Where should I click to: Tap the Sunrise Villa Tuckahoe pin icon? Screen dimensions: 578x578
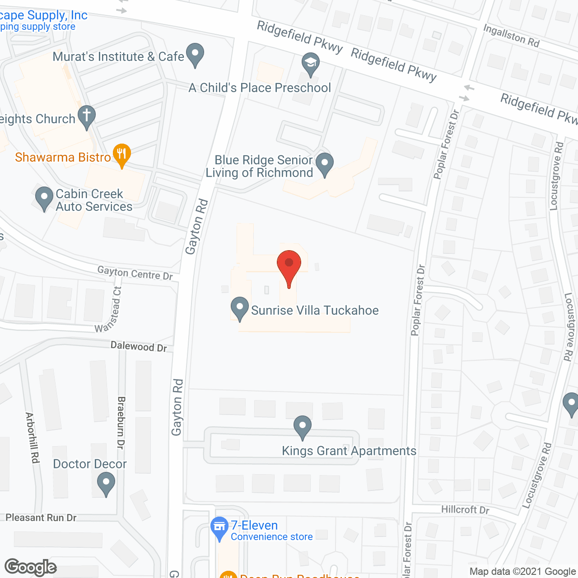(x=240, y=308)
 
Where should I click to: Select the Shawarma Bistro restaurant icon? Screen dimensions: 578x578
(x=121, y=155)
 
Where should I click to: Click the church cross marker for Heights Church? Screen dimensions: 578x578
(x=86, y=117)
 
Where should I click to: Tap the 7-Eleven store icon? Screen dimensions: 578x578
(x=219, y=528)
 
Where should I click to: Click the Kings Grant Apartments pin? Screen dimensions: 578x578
(x=302, y=427)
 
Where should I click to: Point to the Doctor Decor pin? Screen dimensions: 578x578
(x=106, y=484)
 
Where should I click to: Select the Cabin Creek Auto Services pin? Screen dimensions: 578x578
(x=44, y=198)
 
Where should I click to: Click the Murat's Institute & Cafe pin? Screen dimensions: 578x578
(x=195, y=54)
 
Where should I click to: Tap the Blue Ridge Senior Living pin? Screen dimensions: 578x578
(x=324, y=164)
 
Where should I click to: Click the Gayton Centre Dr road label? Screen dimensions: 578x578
(x=135, y=273)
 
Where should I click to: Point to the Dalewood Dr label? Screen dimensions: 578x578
(x=139, y=347)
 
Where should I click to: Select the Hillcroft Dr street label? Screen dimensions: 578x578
(x=465, y=510)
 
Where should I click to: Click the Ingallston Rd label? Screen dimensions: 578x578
(x=511, y=36)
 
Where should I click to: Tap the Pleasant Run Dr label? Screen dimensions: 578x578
(x=41, y=517)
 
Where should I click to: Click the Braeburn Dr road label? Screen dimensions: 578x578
(x=121, y=423)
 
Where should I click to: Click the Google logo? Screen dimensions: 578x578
(x=30, y=567)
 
